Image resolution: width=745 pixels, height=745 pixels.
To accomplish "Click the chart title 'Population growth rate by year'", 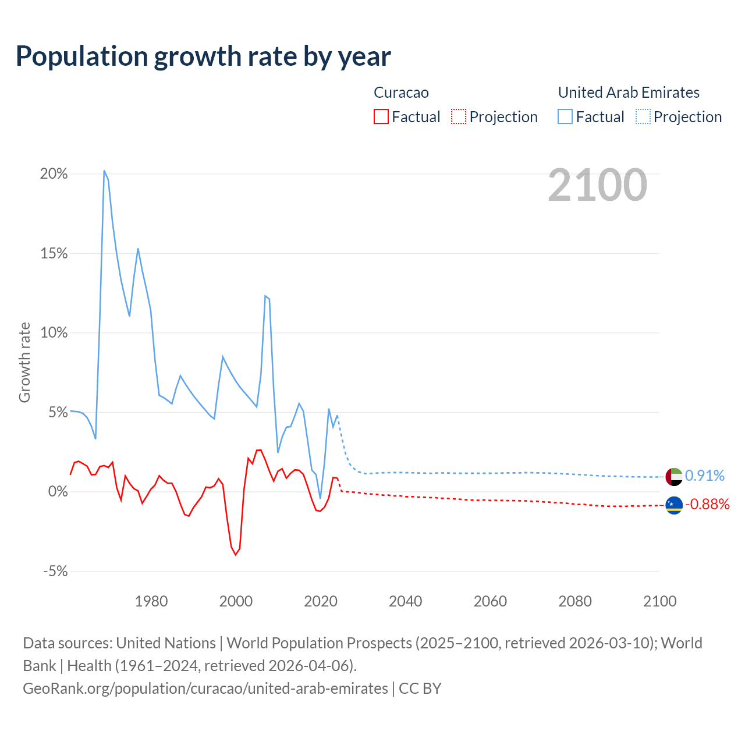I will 203,56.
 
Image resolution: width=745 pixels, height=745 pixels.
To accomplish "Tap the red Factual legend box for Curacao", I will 381,116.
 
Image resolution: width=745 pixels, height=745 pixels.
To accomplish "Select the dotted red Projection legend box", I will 459,116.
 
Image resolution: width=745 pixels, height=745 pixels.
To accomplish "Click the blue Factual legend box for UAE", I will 565,116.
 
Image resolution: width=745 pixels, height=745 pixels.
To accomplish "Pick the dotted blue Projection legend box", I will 643,116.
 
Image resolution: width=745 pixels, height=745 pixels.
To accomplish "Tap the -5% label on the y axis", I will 55,572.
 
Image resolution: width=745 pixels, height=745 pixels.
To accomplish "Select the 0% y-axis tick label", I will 58,492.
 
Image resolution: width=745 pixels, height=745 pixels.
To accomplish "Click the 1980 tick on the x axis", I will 151,601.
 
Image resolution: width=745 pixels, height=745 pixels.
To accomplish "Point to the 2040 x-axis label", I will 406,601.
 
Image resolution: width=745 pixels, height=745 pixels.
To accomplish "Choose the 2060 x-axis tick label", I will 490,601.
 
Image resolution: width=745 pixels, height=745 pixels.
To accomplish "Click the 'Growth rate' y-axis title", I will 24,362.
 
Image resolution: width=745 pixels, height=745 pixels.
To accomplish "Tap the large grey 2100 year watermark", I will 597,185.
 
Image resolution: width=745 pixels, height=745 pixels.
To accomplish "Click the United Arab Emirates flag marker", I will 674,476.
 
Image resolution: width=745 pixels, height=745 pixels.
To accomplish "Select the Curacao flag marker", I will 674,505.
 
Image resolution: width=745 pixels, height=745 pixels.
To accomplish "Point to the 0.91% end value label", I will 705,476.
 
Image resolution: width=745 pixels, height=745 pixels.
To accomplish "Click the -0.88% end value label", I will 707,504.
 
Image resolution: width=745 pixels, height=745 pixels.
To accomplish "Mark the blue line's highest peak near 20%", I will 104,171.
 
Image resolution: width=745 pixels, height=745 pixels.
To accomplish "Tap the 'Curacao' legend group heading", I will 401,93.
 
